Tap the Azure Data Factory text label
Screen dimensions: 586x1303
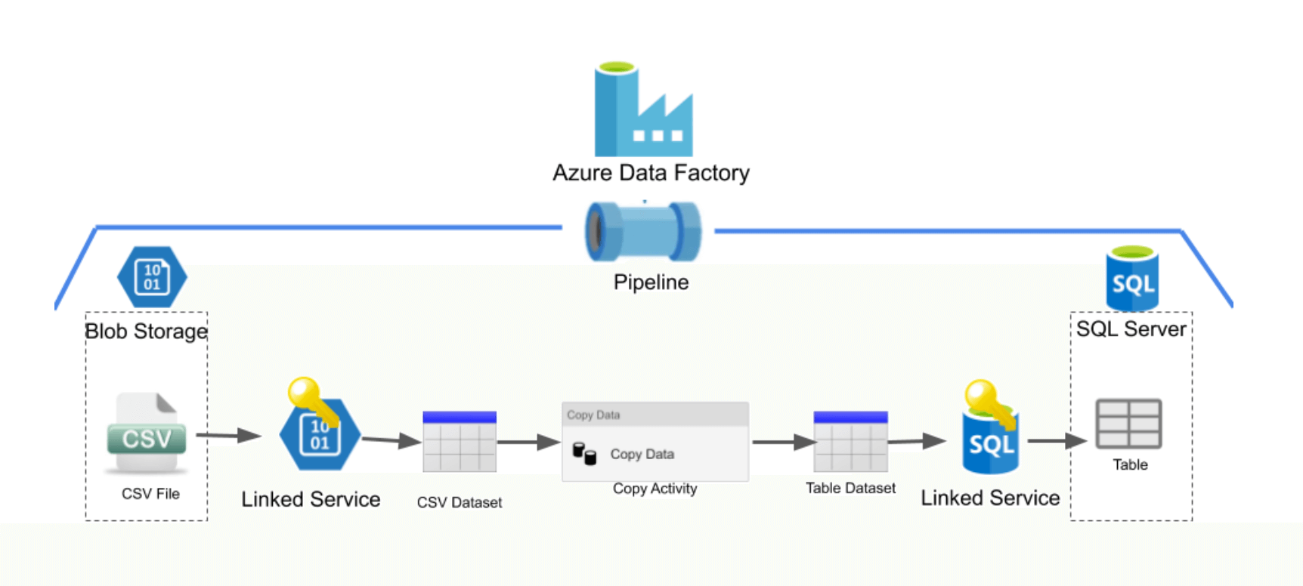[651, 173]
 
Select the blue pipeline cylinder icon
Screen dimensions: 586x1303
[643, 232]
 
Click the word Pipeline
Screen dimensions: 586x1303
[651, 282]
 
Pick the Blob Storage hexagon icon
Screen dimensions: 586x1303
[152, 277]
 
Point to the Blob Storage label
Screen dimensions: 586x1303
[146, 332]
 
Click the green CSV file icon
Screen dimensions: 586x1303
[147, 433]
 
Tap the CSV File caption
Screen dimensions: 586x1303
[150, 494]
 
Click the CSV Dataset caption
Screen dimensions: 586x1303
[460, 502]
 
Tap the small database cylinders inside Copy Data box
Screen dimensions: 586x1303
[584, 454]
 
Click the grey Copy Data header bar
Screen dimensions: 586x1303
[655, 415]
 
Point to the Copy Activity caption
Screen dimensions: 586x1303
[655, 489]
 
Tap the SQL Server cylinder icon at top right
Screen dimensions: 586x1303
[1132, 279]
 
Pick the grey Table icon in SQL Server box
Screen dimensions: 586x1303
[1128, 424]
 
